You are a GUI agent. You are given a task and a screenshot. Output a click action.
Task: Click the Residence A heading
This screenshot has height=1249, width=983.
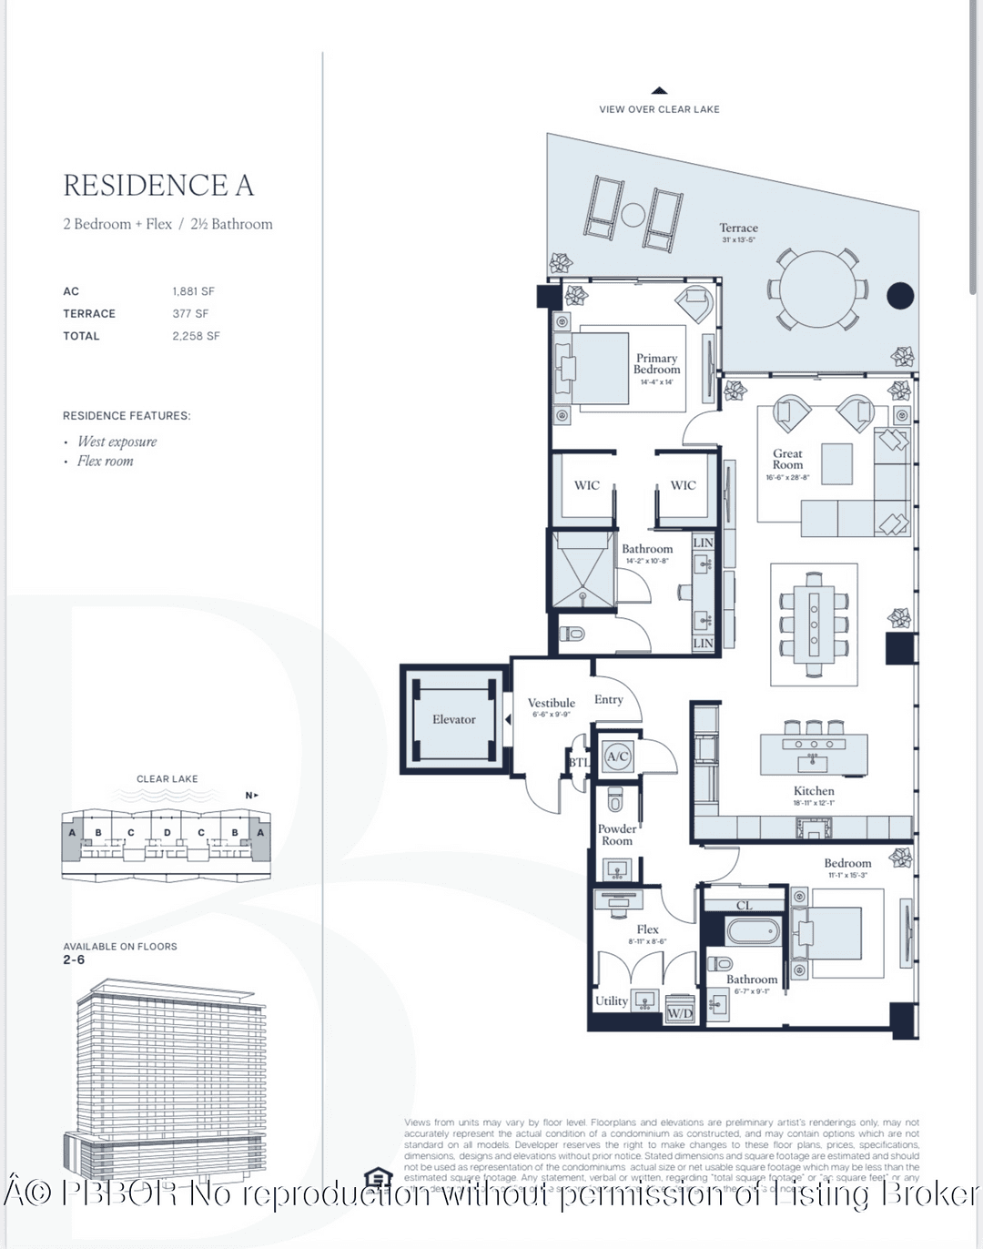[158, 186]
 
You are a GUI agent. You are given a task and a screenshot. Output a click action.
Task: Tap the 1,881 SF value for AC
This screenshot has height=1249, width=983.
[193, 291]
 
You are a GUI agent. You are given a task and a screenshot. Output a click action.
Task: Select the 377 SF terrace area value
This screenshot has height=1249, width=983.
[190, 313]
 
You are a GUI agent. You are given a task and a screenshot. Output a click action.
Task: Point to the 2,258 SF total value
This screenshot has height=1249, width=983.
[196, 336]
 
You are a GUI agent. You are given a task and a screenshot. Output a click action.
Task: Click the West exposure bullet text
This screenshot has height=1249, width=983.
[117, 442]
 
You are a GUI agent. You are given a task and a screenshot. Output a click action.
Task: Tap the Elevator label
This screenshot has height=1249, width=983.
[453, 719]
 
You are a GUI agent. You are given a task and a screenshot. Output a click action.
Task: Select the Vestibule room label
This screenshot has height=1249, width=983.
[551, 703]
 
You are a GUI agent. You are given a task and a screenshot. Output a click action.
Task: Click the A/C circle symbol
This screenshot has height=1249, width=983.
[618, 757]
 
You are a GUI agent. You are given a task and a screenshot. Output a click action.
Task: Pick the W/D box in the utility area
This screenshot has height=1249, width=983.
[680, 1013]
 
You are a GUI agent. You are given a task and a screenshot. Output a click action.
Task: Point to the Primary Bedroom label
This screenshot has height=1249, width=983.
[656, 364]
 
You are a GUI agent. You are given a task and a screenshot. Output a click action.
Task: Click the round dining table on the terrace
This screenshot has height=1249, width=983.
[816, 289]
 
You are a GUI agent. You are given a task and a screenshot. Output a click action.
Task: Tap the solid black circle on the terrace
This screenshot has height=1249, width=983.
[899, 295]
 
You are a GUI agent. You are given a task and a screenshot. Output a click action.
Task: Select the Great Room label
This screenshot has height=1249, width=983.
[787, 459]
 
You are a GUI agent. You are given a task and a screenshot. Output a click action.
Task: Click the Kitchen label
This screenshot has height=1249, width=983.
[813, 791]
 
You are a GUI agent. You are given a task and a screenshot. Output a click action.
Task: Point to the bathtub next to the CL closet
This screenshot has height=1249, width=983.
[752, 930]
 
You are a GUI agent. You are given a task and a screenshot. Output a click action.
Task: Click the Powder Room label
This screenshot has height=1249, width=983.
[616, 835]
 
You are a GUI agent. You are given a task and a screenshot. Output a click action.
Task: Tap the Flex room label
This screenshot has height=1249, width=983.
[647, 929]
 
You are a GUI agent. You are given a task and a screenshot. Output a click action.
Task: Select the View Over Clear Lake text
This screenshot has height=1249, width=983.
[659, 109]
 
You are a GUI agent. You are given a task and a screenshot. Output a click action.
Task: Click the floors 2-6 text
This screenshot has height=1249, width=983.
[74, 960]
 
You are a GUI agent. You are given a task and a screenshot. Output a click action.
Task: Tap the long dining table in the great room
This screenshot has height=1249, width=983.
[814, 623]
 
